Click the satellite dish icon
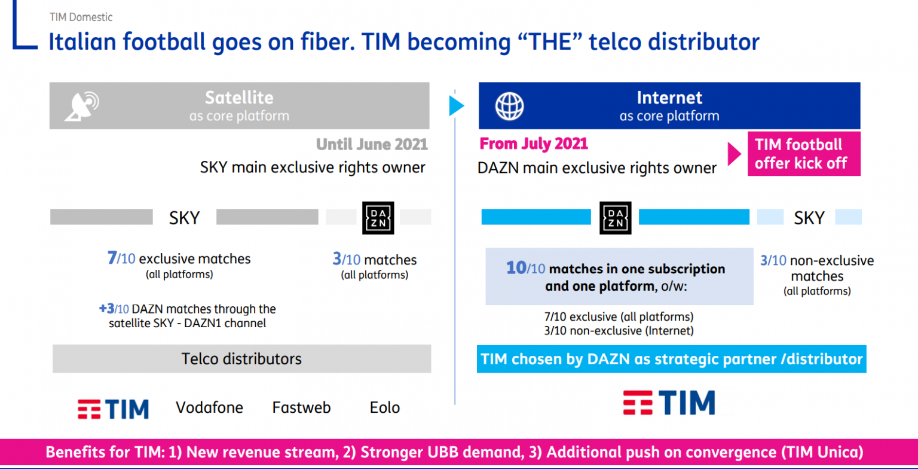[82, 106]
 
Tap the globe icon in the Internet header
[509, 106]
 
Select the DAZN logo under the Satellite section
[378, 218]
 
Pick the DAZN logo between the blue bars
[615, 218]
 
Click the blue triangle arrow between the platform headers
[456, 106]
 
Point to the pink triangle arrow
[734, 154]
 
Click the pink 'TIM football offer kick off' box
[804, 154]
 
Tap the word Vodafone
[209, 407]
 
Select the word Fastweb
[301, 407]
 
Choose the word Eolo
[384, 407]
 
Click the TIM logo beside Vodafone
[113, 409]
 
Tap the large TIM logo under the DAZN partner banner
[669, 403]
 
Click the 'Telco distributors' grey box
[242, 358]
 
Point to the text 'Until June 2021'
[372, 144]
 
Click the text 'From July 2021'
[534, 144]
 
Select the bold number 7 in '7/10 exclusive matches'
[112, 258]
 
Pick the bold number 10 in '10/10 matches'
[516, 268]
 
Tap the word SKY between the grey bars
[185, 218]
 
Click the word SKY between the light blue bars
[809, 218]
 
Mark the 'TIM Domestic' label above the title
[81, 17]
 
